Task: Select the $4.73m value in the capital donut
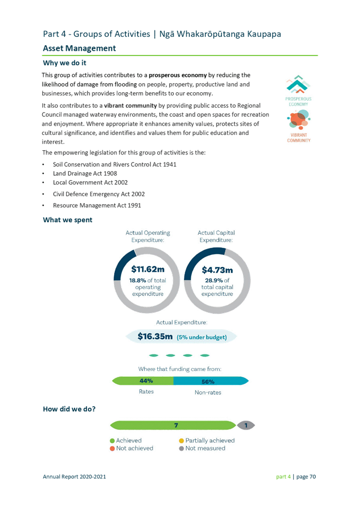[216, 270]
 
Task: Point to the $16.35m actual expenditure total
[155, 337]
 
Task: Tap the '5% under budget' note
[202, 337]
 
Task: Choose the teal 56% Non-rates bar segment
[210, 382]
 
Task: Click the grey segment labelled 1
[246, 425]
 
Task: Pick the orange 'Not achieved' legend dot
[112, 449]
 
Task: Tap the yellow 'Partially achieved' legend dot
[181, 441]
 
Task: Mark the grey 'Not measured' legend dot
[181, 449]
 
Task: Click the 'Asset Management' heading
[79, 49]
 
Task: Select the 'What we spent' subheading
[68, 220]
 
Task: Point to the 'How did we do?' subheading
[69, 409]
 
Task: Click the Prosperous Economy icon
[299, 91]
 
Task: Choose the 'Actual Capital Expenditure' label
[216, 237]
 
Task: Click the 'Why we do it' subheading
[65, 63]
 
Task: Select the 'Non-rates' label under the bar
[208, 392]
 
